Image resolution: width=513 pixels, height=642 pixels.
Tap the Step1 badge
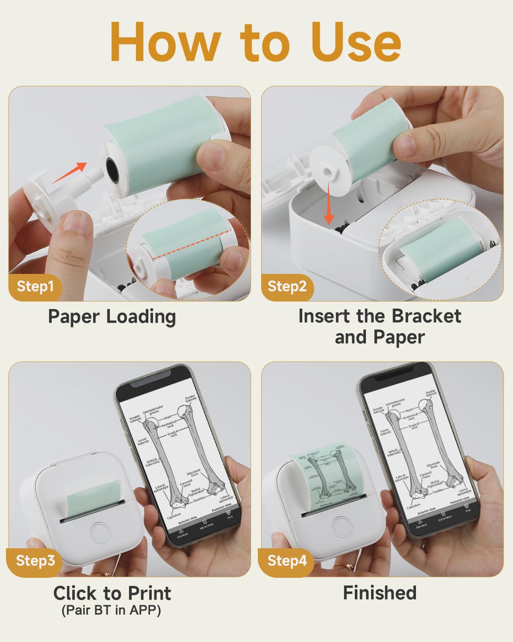(x=35, y=286)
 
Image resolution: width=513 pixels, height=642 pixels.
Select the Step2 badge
(x=287, y=286)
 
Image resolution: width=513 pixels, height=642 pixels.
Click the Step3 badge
(x=35, y=560)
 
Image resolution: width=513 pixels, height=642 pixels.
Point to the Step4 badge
(x=287, y=560)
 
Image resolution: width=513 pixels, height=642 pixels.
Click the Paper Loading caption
(x=112, y=317)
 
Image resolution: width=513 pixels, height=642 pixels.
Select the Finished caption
(x=380, y=593)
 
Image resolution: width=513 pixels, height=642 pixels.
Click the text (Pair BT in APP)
(x=112, y=610)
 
